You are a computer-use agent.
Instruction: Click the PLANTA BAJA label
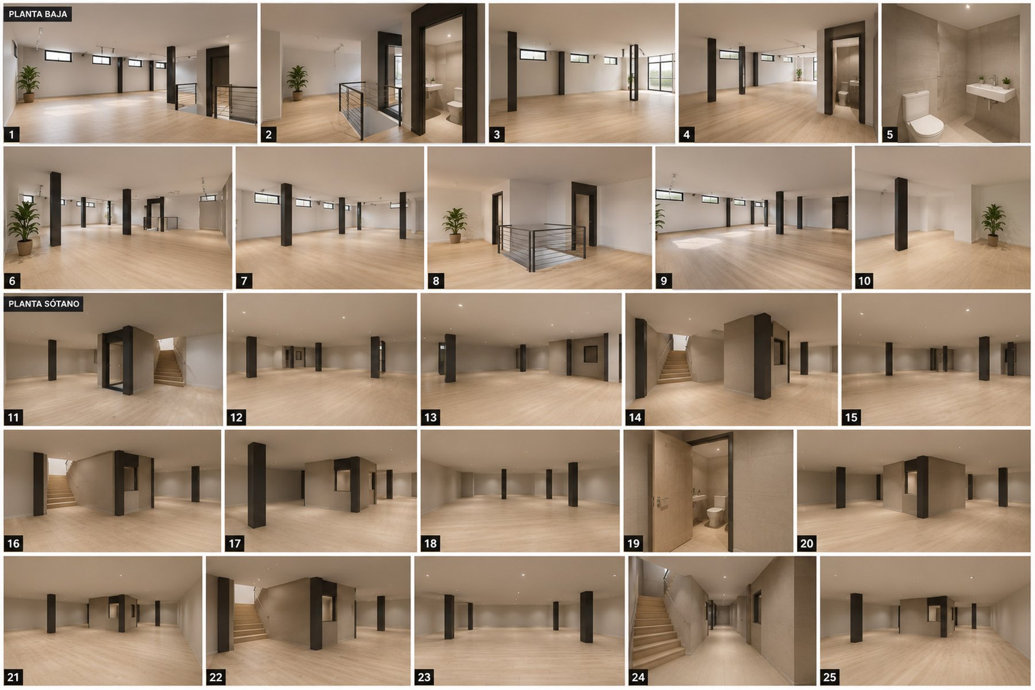pos(38,14)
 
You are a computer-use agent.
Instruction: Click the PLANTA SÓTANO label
pos(44,304)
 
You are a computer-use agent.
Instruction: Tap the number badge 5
pos(890,135)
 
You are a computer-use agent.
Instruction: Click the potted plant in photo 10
pos(993,224)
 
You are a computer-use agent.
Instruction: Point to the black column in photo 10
pos(901,214)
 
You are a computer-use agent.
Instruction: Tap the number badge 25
pos(829,677)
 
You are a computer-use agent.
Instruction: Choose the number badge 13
pos(430,417)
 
